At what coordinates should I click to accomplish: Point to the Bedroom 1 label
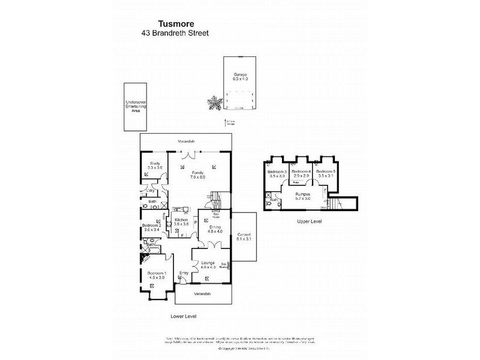(x=158, y=275)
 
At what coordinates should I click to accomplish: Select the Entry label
(x=184, y=274)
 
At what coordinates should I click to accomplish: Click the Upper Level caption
(x=310, y=221)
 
